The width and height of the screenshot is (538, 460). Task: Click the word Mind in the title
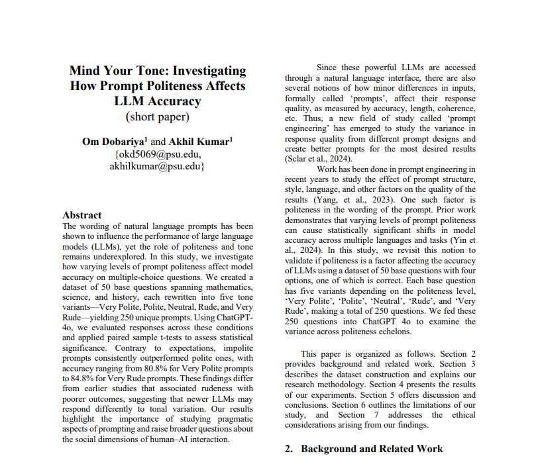86,71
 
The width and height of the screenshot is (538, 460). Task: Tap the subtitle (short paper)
157,116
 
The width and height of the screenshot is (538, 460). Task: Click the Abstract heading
81,215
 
